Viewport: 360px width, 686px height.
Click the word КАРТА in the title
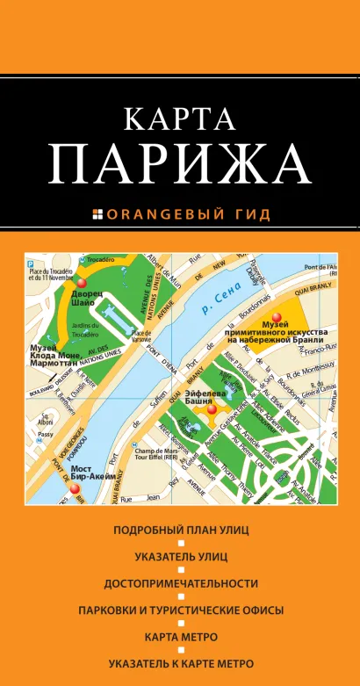coord(179,119)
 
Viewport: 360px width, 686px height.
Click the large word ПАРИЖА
coord(179,163)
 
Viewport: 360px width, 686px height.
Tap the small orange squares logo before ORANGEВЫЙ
coord(97,213)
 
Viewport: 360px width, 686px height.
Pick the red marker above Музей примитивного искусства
coord(277,318)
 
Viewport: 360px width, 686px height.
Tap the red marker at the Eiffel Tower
coord(211,408)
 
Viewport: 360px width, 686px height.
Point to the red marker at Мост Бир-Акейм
coord(76,488)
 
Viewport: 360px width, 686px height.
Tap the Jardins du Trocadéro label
coord(84,329)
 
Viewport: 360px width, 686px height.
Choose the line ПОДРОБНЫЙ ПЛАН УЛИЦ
coord(181,531)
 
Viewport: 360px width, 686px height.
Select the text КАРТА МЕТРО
coord(181,636)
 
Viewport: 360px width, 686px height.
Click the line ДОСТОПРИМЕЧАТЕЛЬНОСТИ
coord(181,583)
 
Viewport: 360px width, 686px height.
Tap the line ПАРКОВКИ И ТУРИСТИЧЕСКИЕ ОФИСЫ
coord(181,610)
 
